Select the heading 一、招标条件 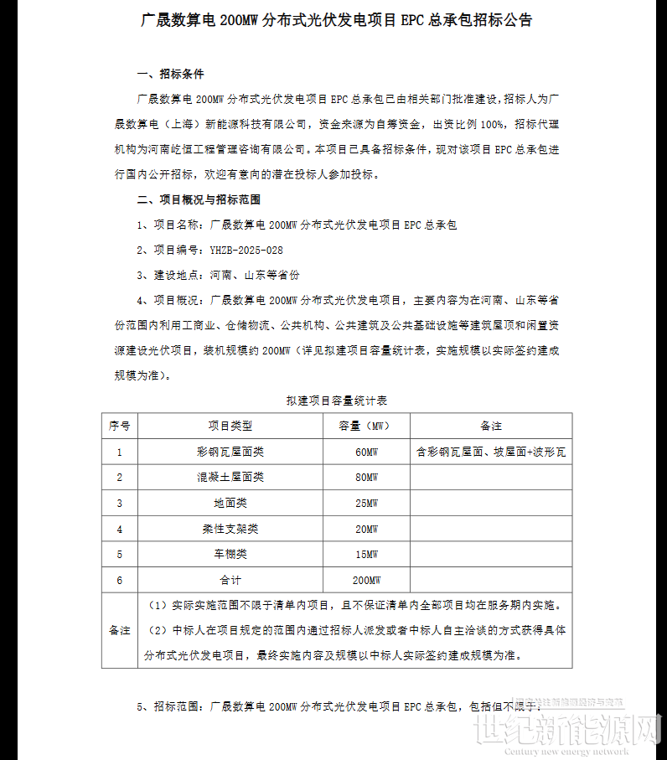tap(170, 74)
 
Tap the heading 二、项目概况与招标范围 tap(199, 199)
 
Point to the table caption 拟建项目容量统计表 tap(336, 401)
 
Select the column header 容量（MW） tap(366, 426)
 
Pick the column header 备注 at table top tap(491, 426)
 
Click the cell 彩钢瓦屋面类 tap(230, 452)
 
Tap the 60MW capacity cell tap(366, 452)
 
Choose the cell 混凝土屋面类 tap(230, 478)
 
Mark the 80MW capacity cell tap(366, 478)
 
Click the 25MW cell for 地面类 tap(366, 504)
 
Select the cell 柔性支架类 tap(230, 530)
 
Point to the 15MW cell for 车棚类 tap(366, 555)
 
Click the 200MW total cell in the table tap(366, 581)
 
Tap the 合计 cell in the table tap(230, 581)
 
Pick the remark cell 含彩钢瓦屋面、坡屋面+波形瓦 tap(491, 452)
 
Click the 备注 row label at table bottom tap(120, 630)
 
